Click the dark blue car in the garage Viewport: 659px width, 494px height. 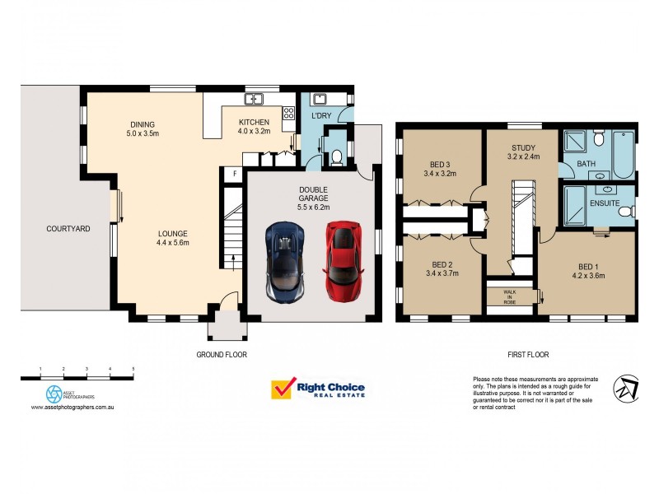click(x=284, y=263)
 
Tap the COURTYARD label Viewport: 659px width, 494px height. click(x=68, y=229)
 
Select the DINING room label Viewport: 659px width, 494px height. click(x=143, y=125)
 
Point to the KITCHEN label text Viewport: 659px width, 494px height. click(x=254, y=122)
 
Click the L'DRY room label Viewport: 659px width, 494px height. click(x=320, y=116)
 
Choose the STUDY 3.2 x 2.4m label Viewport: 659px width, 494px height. click(x=522, y=151)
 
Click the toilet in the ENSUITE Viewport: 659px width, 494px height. click(x=625, y=211)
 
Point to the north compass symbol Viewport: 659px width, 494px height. click(x=626, y=389)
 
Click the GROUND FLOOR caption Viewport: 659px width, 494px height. click(x=222, y=355)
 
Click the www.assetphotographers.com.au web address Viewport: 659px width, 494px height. click(x=73, y=407)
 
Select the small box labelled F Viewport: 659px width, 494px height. click(x=234, y=174)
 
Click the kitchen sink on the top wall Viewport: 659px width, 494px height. click(x=255, y=99)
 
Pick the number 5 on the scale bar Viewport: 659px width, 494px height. click(x=133, y=368)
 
